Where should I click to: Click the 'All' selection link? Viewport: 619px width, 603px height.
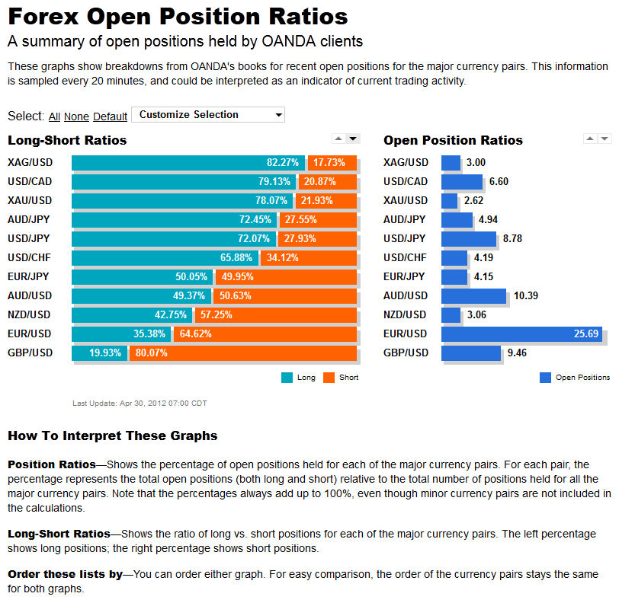[54, 116]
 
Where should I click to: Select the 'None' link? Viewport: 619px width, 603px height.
[76, 116]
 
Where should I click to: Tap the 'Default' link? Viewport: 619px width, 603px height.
[110, 116]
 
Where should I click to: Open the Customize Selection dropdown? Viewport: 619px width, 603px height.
[208, 115]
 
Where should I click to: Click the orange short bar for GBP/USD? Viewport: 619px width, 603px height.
[243, 353]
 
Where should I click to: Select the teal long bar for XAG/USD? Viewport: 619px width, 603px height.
[188, 162]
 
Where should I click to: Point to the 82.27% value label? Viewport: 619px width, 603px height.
[283, 162]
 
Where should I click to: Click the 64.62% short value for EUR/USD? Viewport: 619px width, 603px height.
[195, 334]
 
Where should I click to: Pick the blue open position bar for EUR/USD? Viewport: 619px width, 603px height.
[522, 334]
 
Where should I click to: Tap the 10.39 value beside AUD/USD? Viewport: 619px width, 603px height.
[526, 295]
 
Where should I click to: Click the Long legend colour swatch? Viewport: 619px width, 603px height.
[287, 378]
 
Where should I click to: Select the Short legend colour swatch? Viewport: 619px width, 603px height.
[329, 378]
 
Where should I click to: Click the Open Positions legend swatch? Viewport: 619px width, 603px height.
[545, 378]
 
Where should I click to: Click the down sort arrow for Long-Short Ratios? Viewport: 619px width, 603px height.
[353, 139]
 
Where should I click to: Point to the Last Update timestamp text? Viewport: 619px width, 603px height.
[140, 403]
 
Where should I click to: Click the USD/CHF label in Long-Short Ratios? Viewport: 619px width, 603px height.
[30, 257]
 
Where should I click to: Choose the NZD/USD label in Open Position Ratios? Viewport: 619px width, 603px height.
[405, 314]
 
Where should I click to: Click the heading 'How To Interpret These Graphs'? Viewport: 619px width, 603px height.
[113, 435]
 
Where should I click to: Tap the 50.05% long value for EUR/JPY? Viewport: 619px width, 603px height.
[191, 277]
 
